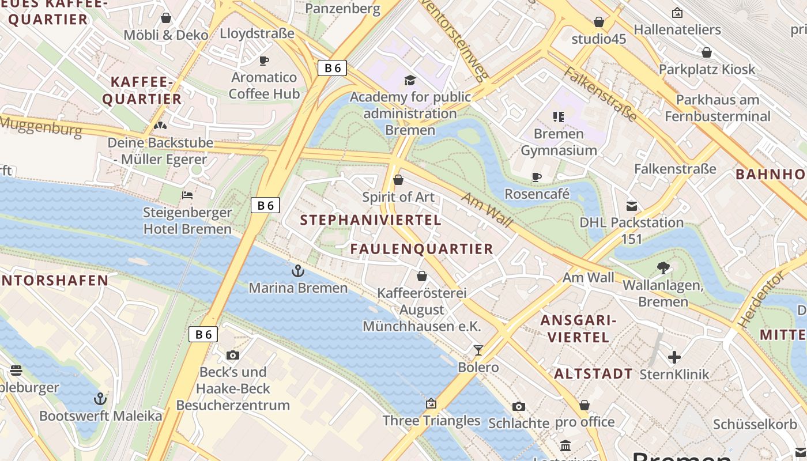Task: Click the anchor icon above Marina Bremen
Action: [297, 270]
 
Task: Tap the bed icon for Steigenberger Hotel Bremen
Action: [187, 195]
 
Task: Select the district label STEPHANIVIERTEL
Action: [371, 220]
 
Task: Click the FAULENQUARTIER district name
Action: [422, 249]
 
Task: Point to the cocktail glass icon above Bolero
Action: [478, 350]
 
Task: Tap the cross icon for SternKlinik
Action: [674, 357]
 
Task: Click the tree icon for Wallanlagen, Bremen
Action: [663, 267]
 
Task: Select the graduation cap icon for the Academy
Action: [410, 80]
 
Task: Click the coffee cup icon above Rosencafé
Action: [537, 177]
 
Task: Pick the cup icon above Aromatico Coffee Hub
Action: [264, 61]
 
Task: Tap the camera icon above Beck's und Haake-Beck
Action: [233, 355]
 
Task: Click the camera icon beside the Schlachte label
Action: [518, 406]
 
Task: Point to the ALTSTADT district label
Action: [593, 374]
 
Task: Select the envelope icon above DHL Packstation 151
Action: [632, 206]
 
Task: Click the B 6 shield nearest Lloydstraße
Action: [333, 68]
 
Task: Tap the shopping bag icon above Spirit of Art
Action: [398, 180]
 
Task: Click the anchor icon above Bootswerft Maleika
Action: [100, 398]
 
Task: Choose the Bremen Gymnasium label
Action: [559, 142]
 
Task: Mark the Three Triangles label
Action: [431, 421]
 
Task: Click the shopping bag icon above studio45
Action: [599, 22]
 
